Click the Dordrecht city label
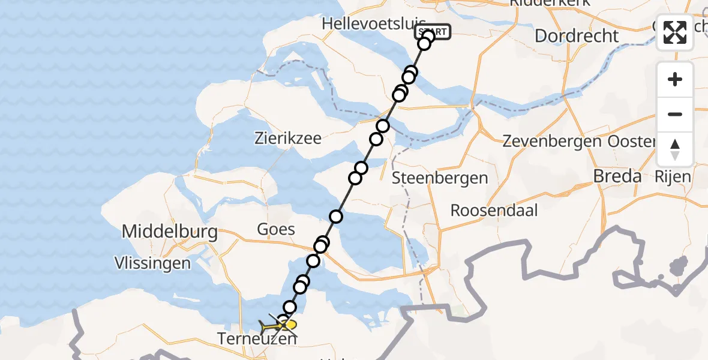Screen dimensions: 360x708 (576, 35)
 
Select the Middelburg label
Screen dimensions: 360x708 (170, 232)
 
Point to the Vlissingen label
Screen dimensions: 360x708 (154, 263)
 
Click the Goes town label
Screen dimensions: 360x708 (276, 229)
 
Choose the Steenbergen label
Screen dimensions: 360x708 (440, 178)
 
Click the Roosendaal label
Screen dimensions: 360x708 (494, 211)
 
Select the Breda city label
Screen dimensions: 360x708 (617, 176)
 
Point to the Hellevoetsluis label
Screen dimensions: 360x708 (366, 23)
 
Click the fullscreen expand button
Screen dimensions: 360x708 (675, 32)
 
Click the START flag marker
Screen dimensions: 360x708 (432, 32)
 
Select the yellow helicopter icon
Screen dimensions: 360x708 (278, 326)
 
